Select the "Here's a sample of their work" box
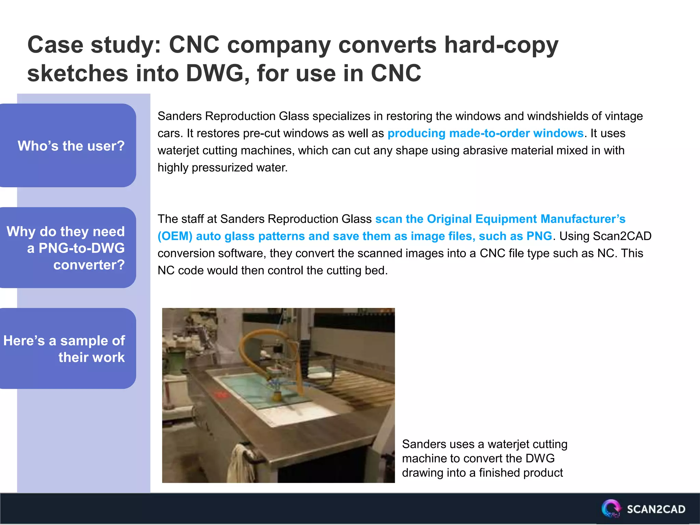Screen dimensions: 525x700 [x=68, y=349]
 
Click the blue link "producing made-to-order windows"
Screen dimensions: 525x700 [x=485, y=133]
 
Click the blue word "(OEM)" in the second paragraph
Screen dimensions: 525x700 [x=175, y=236]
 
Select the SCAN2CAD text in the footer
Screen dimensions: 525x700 [x=656, y=509]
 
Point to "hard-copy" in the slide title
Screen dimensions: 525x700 [x=501, y=45]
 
